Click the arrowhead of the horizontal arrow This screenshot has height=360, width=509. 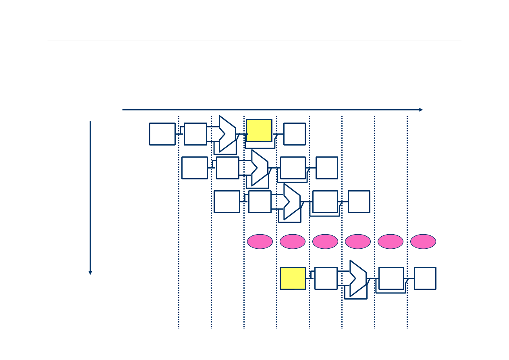[421, 110]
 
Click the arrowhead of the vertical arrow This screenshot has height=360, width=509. [90, 273]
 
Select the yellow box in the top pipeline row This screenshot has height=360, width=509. [259, 130]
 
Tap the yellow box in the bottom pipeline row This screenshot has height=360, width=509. [293, 278]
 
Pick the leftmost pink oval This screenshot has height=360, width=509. [260, 241]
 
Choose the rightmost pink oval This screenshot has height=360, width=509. [423, 241]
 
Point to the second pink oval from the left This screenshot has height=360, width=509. [293, 241]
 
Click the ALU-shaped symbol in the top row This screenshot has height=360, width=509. [227, 134]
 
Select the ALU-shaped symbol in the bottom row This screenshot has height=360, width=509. [357, 278]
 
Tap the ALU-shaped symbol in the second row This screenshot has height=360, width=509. [259, 168]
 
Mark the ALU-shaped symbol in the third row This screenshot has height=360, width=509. [291, 202]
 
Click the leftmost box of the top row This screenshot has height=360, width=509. [162, 134]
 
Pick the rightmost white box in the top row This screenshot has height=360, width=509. [294, 134]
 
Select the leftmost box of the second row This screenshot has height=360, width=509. [195, 168]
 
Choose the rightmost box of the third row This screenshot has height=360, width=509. [359, 202]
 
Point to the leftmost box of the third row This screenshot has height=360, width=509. [227, 202]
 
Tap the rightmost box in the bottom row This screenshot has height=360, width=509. [425, 278]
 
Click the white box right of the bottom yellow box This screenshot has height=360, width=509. [326, 278]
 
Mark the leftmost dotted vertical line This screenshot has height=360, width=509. [179, 222]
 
